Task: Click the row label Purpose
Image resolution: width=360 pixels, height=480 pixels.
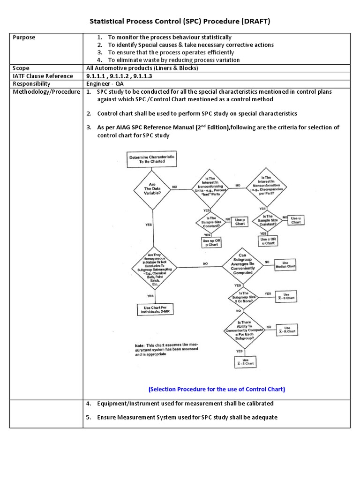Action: [24, 37]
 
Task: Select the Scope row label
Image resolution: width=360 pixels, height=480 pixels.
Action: [21, 68]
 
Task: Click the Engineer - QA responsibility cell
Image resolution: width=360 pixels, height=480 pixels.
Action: [105, 84]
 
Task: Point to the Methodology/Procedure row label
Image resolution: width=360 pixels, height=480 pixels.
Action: [46, 92]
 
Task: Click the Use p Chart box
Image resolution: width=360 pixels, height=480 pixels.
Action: [240, 222]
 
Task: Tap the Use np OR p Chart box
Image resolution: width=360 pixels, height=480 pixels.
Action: [211, 242]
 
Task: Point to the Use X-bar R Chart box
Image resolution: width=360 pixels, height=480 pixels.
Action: [287, 330]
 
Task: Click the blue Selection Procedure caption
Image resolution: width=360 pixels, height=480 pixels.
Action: [217, 389]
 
